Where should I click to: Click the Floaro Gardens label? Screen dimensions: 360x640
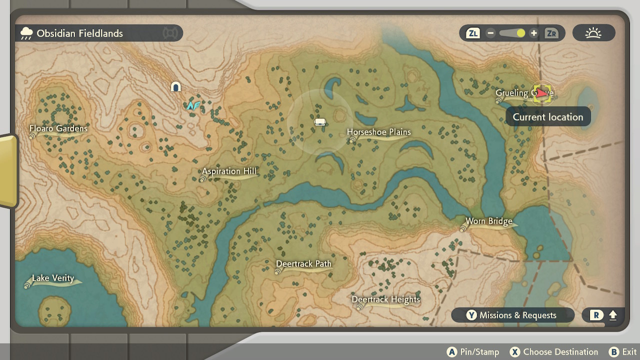[58, 128]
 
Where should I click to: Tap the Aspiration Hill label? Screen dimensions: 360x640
[229, 171]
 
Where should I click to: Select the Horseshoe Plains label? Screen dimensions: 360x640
[379, 132]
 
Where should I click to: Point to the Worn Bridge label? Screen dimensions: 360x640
[488, 221]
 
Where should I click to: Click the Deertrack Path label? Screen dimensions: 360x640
[303, 264]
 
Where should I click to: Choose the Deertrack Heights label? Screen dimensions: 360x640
[385, 299]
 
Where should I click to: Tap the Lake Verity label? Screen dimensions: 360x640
[53, 278]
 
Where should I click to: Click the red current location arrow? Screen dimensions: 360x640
[541, 93]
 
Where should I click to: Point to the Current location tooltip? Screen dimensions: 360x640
[548, 117]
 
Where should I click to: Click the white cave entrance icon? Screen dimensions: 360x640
[175, 87]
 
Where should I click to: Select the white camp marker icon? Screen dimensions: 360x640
[320, 122]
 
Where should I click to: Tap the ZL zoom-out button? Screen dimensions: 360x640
[472, 33]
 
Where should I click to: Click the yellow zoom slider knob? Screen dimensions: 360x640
[520, 33]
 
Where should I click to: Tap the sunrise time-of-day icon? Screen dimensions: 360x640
[593, 33]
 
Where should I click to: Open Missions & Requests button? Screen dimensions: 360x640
[512, 315]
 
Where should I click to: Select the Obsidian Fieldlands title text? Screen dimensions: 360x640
[79, 33]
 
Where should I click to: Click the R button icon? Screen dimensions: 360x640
[596, 315]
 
